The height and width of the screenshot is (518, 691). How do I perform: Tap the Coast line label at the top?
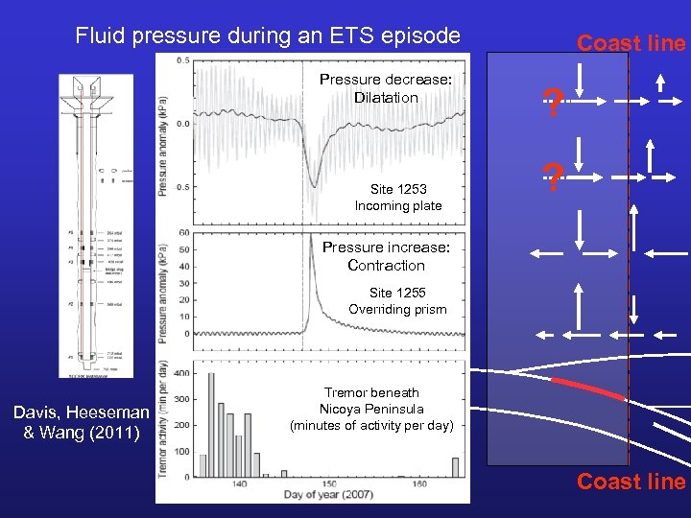click(x=631, y=43)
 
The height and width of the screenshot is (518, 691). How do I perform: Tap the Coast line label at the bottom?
click(x=631, y=482)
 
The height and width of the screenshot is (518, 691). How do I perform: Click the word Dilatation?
click(x=386, y=98)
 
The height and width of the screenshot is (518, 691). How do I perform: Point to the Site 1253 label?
click(x=398, y=189)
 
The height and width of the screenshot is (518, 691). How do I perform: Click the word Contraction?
click(x=386, y=266)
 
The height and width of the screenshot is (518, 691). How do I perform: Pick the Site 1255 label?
click(x=397, y=293)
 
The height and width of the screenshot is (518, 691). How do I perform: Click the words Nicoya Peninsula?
click(x=371, y=409)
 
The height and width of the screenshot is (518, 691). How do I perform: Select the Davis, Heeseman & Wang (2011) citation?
click(x=82, y=422)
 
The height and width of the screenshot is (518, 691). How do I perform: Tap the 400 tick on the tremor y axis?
click(x=181, y=372)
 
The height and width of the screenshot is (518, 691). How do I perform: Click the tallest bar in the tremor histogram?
click(x=211, y=423)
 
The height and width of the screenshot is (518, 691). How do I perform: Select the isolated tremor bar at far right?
click(x=455, y=466)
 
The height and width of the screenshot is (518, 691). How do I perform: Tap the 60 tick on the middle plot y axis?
click(x=183, y=233)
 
